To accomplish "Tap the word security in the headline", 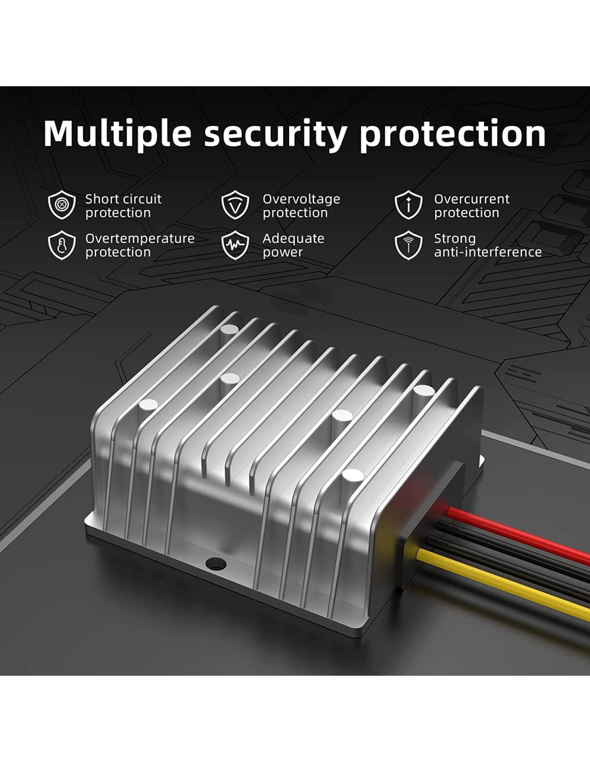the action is tap(276, 135).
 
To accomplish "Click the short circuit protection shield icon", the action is tap(62, 205).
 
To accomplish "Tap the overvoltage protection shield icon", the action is tap(235, 205).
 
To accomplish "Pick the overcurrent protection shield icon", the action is tap(408, 205).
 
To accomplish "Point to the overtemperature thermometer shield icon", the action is tap(62, 245).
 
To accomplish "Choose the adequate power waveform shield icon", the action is tap(235, 245).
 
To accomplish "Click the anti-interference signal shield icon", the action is tap(408, 245).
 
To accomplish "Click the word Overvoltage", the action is tap(301, 199).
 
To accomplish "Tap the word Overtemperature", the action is tap(139, 239).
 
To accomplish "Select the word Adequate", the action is tap(293, 238).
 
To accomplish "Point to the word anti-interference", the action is tap(488, 252).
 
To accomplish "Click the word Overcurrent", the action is tap(471, 199).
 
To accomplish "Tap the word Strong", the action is tap(455, 239).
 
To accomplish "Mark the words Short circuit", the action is tap(123, 199).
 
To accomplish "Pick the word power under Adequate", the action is tap(283, 253).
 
